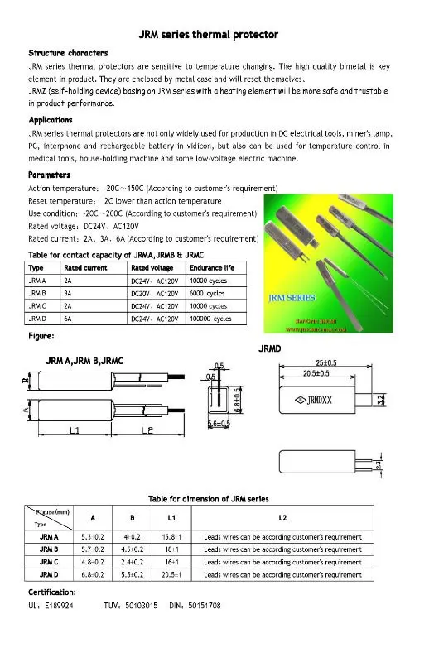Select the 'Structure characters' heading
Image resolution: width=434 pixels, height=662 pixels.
(x=68, y=53)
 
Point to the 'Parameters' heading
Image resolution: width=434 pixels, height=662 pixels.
(x=49, y=175)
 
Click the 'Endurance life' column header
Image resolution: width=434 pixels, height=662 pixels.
(x=211, y=268)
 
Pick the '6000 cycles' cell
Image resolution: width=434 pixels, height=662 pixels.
(x=207, y=293)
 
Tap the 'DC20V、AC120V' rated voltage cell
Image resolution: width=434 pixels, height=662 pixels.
(x=157, y=293)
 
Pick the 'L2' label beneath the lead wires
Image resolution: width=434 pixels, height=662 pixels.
(x=146, y=430)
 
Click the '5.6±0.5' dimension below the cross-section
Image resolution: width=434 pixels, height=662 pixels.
(x=219, y=425)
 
